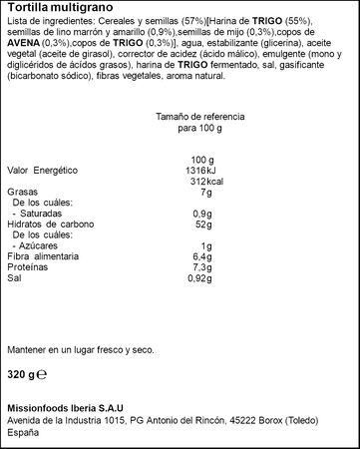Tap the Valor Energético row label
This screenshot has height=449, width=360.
pos(41,171)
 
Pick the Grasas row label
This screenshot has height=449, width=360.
pos(20,192)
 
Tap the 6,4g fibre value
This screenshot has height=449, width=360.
pos(203,256)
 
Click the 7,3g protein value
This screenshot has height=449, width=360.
pos(203,267)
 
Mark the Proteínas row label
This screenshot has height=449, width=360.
pos(27,267)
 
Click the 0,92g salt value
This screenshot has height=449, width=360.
pos(202,278)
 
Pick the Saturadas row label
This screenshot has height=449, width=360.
pos(41,214)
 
